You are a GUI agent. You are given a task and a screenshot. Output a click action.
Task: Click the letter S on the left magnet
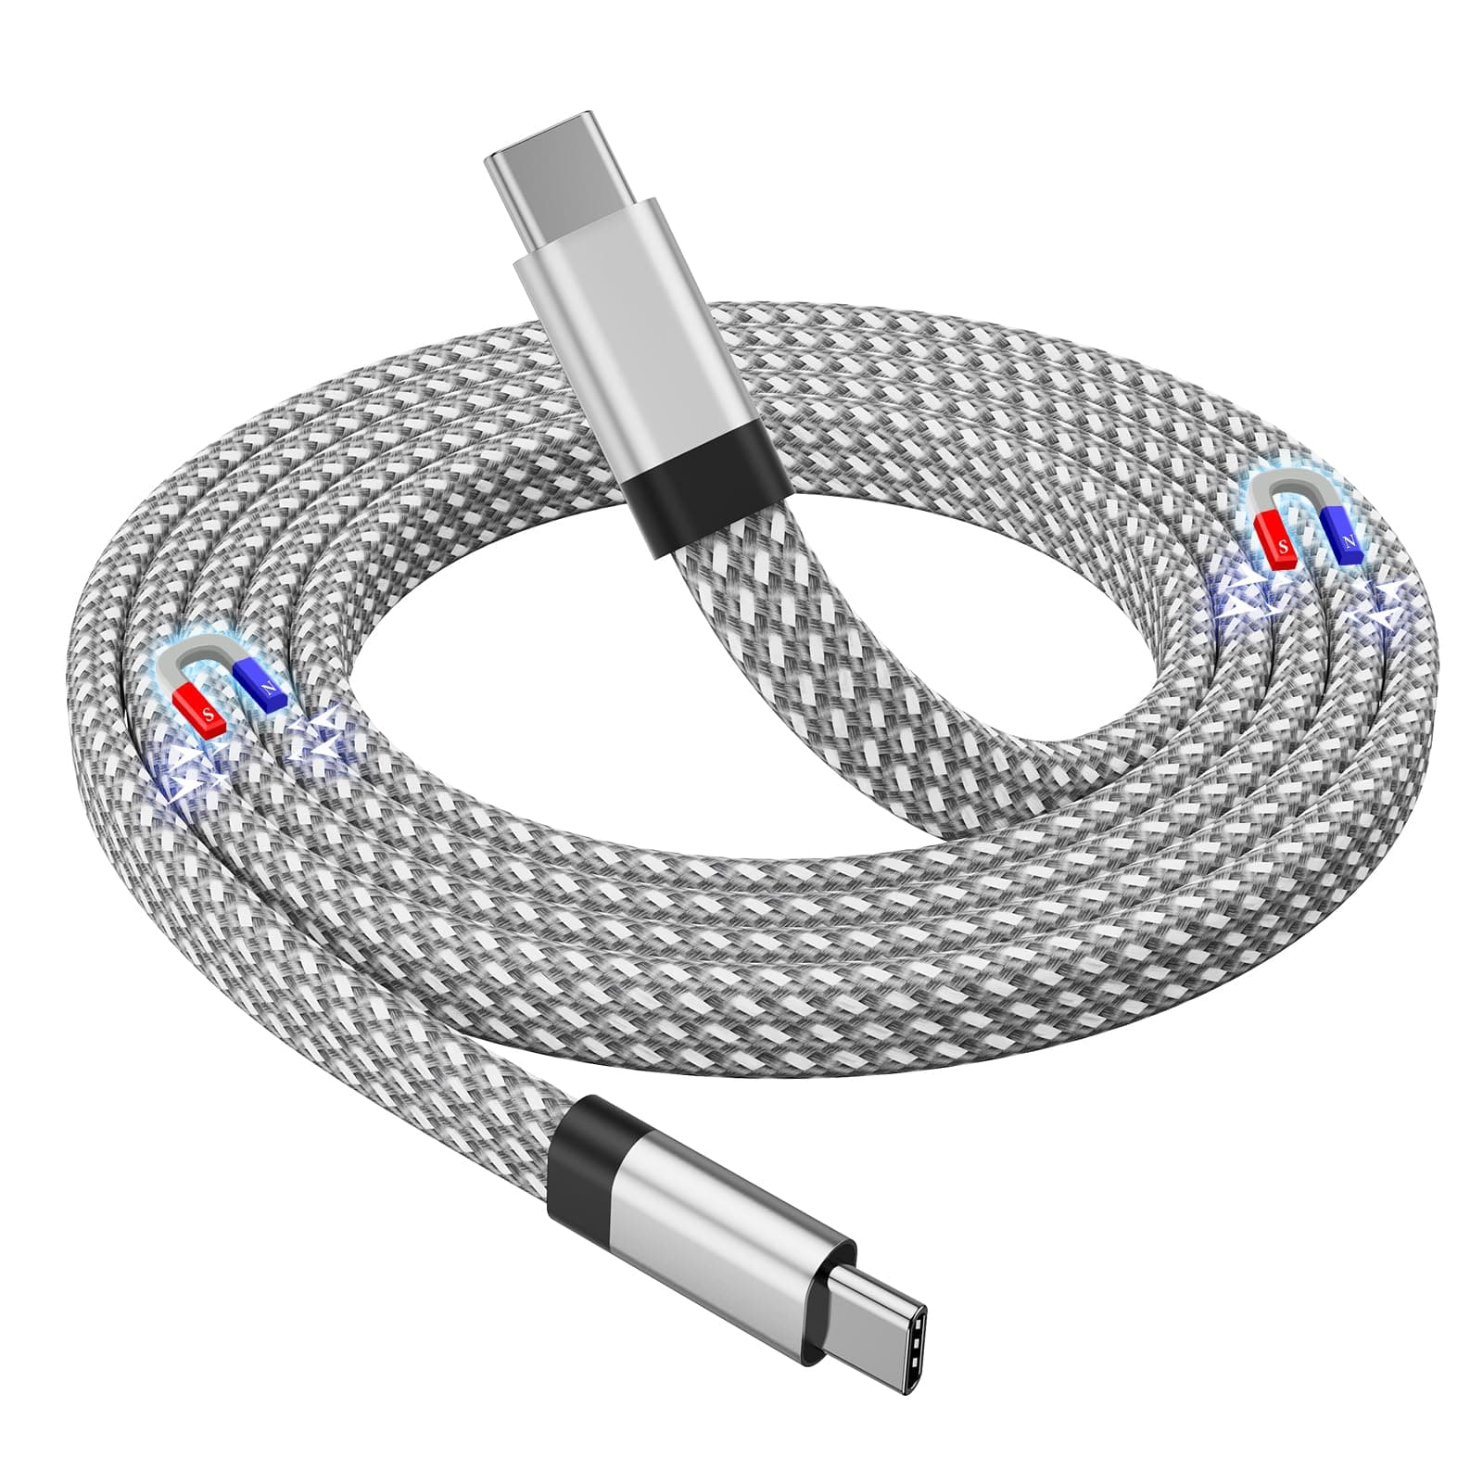point(209,715)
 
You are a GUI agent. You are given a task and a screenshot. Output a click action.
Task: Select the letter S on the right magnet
point(1284,547)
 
